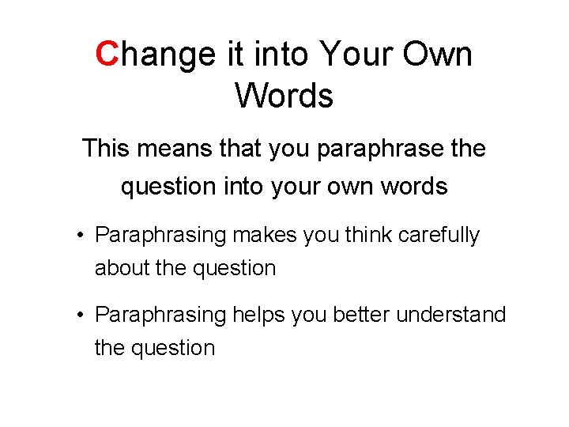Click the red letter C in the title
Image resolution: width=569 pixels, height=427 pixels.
tap(107, 55)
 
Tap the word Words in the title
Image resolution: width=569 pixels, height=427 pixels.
tap(284, 96)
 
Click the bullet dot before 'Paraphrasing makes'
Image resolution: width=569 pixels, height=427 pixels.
tap(81, 236)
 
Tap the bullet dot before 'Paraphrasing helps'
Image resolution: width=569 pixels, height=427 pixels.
tap(81, 316)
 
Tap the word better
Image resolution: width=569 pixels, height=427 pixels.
tap(363, 316)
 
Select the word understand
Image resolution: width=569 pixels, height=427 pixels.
tap(450, 316)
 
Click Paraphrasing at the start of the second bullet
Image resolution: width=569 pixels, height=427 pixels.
tap(160, 316)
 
